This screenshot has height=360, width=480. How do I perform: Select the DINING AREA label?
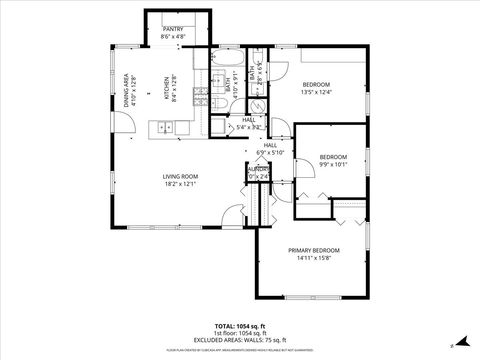tap(127, 91)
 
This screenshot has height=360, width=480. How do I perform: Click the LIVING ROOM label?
tap(181, 176)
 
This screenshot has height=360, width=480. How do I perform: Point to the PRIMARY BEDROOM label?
tap(313, 250)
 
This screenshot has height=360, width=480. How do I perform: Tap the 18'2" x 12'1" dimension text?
tap(181, 184)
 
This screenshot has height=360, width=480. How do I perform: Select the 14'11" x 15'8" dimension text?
tap(313, 258)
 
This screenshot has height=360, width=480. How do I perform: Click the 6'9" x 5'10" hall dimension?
tap(270, 153)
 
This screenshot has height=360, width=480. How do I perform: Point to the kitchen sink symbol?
tap(166, 127)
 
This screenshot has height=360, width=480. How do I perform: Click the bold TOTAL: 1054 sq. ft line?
tap(240, 326)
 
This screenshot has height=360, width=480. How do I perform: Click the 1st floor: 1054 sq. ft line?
tap(240, 333)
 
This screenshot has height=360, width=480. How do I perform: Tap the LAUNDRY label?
tap(257, 171)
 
